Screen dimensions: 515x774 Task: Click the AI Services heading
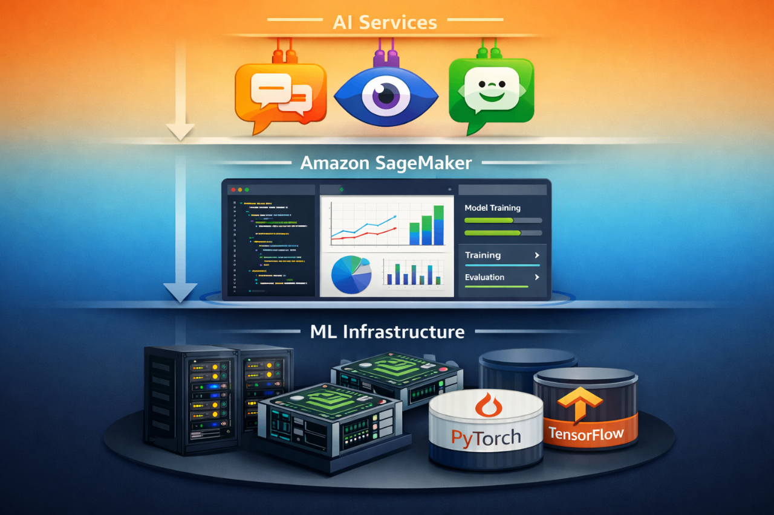click(385, 23)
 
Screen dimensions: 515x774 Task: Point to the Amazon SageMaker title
click(386, 162)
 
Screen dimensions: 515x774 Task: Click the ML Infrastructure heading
click(387, 331)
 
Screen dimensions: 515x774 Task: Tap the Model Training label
click(492, 208)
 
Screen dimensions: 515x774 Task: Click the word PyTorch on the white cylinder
click(486, 437)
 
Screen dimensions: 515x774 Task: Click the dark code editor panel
click(270, 245)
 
